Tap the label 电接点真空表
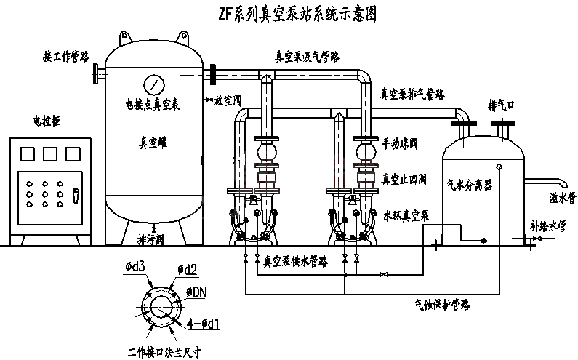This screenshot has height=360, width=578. [x=153, y=105]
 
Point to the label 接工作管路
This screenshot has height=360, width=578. [x=67, y=56]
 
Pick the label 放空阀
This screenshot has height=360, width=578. [x=228, y=102]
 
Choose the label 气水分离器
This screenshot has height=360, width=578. [x=469, y=185]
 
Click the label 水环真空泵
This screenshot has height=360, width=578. [x=408, y=215]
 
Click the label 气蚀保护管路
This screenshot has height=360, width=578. [x=441, y=305]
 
